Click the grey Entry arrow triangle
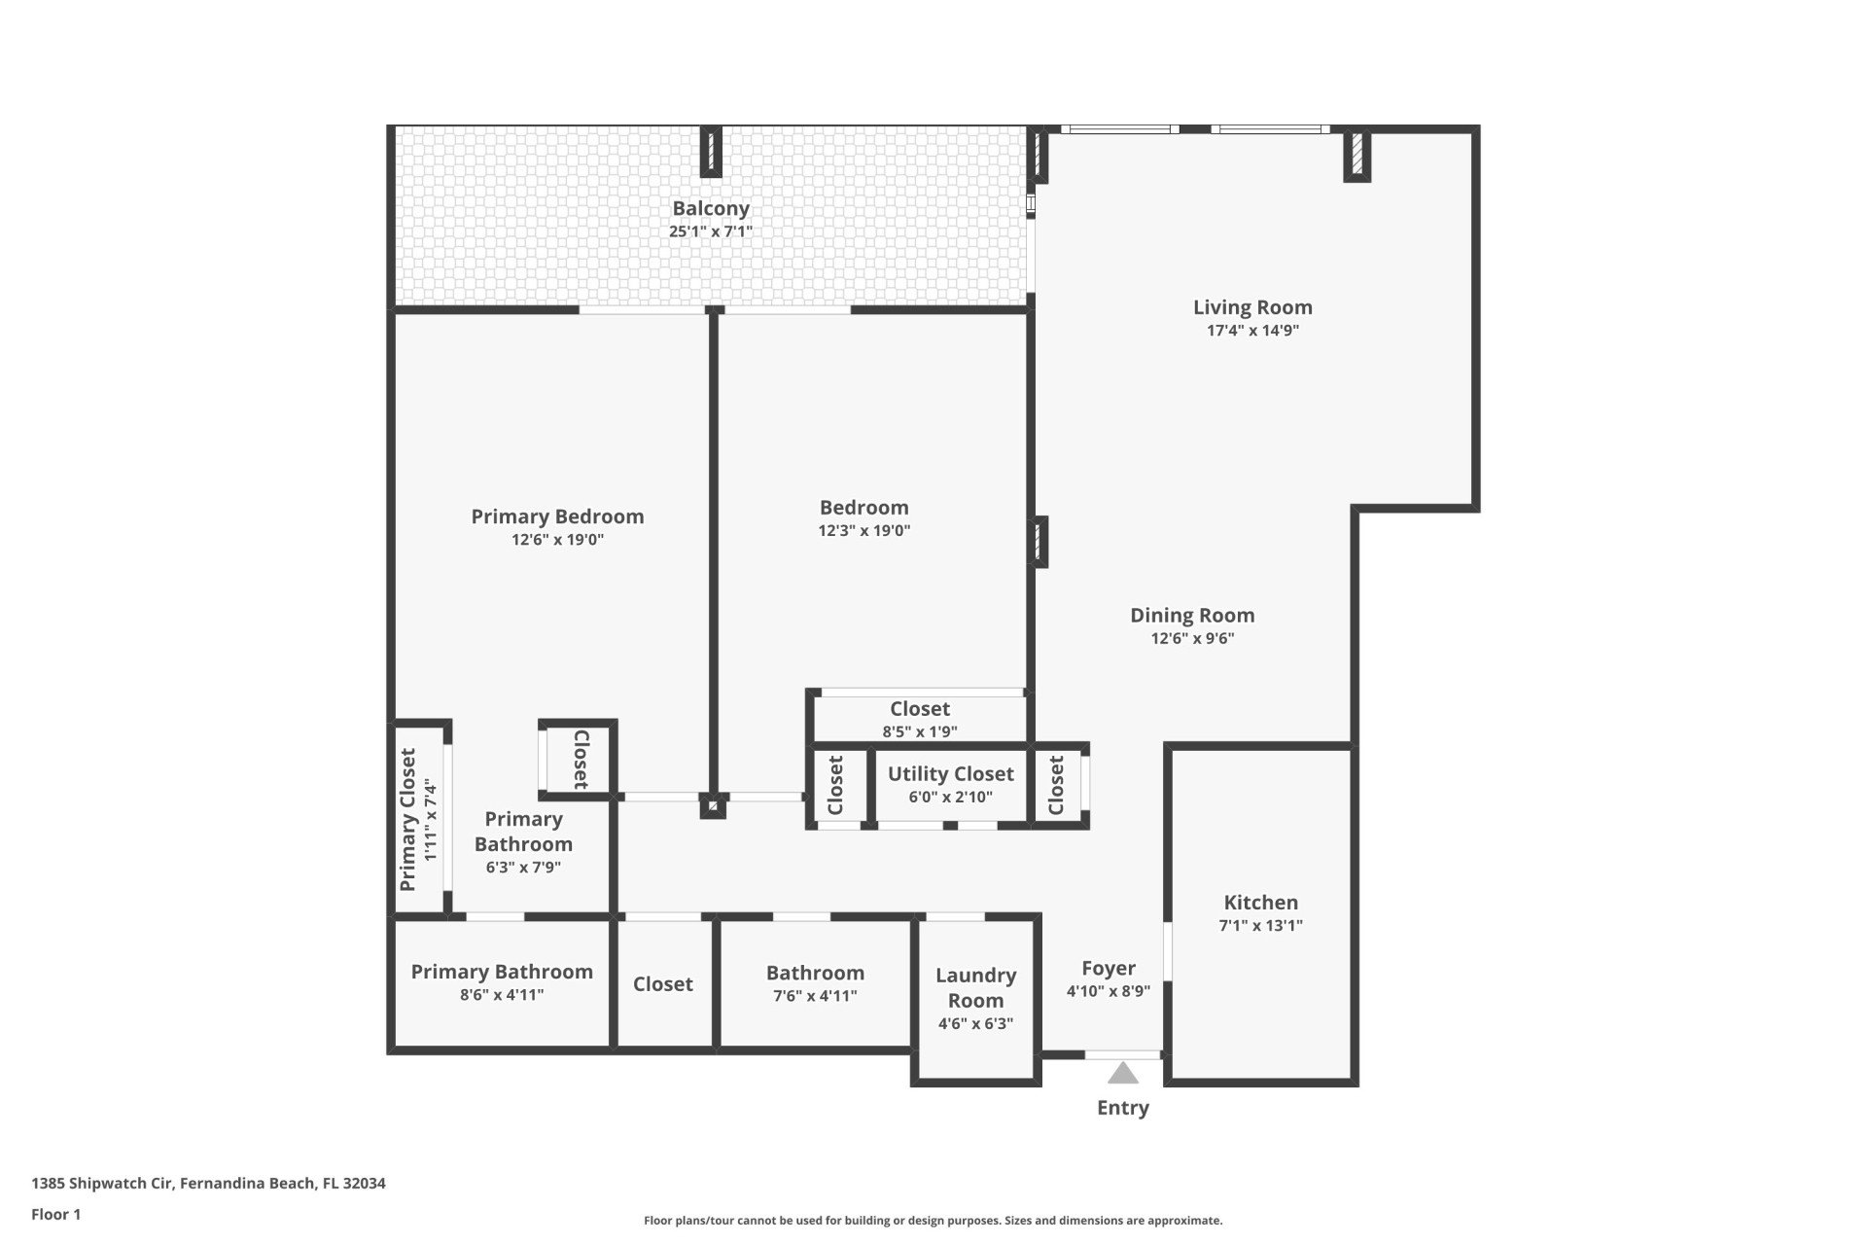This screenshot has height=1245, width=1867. (1123, 1073)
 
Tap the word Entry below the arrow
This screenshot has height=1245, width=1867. (1123, 1108)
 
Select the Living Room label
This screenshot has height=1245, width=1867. (1252, 307)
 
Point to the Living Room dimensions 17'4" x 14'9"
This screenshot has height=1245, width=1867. (1252, 331)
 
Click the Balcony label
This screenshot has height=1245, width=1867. (711, 208)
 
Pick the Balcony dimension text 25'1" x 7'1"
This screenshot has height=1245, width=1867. (711, 231)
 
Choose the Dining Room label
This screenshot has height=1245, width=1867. (1192, 616)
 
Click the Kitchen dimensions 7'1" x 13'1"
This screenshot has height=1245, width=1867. (1261, 926)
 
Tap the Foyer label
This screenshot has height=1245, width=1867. (1109, 969)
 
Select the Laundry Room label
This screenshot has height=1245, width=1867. (976, 988)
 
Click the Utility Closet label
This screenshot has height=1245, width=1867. (951, 774)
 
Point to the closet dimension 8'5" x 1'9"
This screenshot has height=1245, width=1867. (920, 732)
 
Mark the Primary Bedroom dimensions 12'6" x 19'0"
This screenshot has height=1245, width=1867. (558, 540)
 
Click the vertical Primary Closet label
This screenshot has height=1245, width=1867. (408, 820)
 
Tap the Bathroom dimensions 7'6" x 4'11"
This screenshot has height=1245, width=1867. (815, 996)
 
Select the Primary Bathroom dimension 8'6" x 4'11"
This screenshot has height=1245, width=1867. (502, 995)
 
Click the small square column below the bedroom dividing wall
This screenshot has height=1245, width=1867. (713, 805)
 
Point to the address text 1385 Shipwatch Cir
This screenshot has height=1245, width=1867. (102, 1184)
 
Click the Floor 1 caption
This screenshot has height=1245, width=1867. (56, 1214)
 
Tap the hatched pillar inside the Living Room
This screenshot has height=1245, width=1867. (1357, 156)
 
